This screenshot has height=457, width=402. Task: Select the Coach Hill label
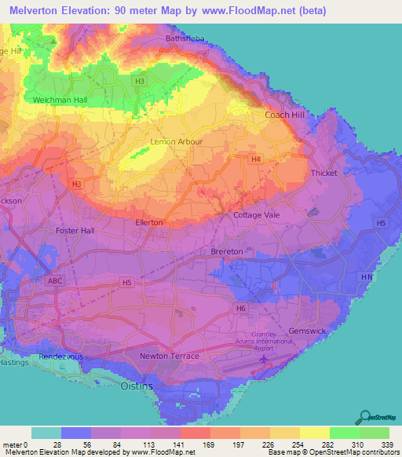tap(283, 115)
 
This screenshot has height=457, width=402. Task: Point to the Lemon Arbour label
tap(177, 141)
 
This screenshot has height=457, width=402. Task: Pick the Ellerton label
tap(148, 223)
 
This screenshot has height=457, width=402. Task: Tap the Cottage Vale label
tap(258, 214)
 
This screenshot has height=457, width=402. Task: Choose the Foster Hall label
tap(75, 231)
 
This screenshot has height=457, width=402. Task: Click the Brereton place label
tap(229, 251)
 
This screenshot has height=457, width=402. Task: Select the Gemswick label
tap(306, 332)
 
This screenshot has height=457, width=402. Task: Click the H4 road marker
tap(255, 159)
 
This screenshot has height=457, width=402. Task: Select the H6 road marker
tap(241, 309)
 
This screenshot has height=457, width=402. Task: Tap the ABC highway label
tap(55, 280)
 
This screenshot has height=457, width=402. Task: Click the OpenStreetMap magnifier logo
tap(366, 416)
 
